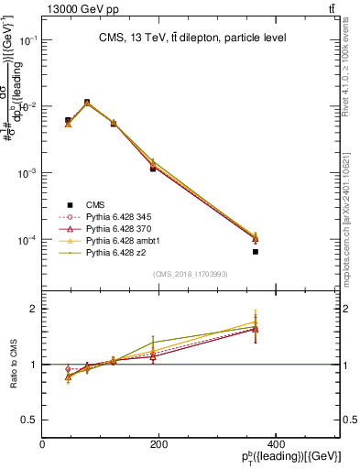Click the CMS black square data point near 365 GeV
[x=256, y=251]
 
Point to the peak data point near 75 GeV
[x=87, y=103]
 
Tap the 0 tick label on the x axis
[x=43, y=444]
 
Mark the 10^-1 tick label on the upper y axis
[x=27, y=40]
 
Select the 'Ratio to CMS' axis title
[x=14, y=364]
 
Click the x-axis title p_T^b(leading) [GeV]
[x=290, y=457]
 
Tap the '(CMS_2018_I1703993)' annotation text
[x=191, y=274]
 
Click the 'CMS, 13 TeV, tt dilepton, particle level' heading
[x=192, y=38]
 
